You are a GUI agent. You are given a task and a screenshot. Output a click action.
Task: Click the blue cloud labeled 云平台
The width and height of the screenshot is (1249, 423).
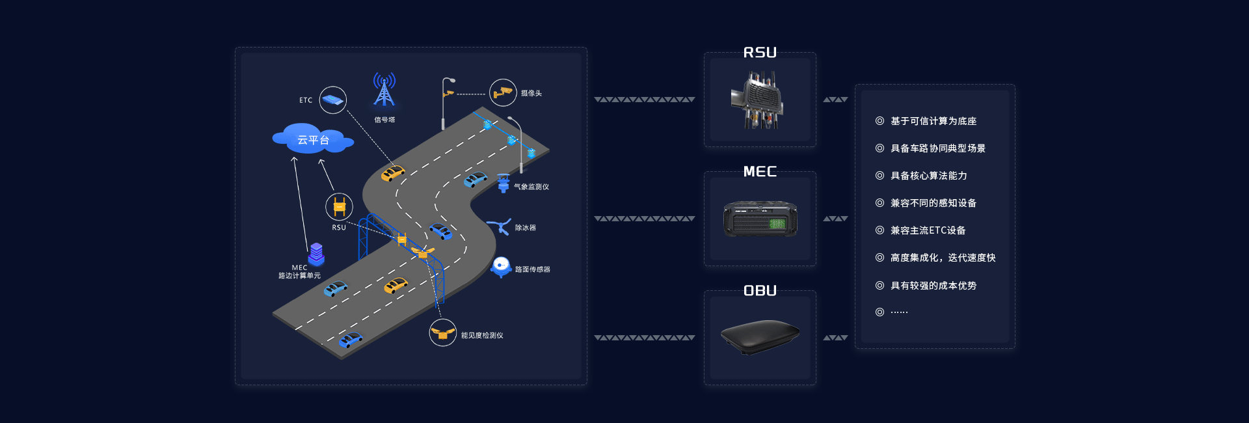pyautogui.click(x=313, y=139)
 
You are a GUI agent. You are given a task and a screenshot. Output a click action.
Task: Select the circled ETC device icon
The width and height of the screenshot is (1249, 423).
pyautogui.click(x=332, y=100)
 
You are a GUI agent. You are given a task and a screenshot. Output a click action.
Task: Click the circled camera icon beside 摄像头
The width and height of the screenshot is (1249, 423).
pyautogui.click(x=502, y=93)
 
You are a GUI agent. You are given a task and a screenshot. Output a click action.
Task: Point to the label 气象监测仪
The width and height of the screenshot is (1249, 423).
pyautogui.click(x=531, y=187)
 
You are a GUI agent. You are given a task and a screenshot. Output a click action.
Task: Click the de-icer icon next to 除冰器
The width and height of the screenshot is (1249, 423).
pyautogui.click(x=499, y=226)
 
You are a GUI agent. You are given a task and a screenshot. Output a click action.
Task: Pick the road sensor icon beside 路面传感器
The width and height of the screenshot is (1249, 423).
pyautogui.click(x=501, y=266)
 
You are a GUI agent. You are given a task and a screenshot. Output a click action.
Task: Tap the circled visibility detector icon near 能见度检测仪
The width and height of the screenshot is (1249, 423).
pyautogui.click(x=442, y=333)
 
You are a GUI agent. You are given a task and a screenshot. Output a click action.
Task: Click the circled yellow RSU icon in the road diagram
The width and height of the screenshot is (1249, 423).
pyautogui.click(x=339, y=207)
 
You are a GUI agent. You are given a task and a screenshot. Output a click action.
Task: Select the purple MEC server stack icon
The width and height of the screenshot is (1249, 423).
pyautogui.click(x=316, y=254)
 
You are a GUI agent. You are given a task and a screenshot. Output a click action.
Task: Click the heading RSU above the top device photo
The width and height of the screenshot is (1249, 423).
pyautogui.click(x=760, y=53)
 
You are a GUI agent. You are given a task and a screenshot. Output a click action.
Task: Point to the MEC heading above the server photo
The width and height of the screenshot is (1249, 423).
pyautogui.click(x=760, y=172)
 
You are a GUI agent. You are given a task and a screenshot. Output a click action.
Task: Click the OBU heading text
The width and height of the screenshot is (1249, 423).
pyautogui.click(x=760, y=291)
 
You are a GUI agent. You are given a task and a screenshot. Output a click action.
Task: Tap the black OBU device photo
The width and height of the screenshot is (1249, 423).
pyautogui.click(x=760, y=336)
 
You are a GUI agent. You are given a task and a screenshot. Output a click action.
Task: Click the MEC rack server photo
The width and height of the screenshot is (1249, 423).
pyautogui.click(x=760, y=219)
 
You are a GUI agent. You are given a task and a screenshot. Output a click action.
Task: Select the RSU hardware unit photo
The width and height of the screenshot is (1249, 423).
pyautogui.click(x=758, y=100)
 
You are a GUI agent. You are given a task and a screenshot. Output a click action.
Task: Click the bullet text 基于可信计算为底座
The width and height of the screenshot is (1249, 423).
pyautogui.click(x=933, y=121)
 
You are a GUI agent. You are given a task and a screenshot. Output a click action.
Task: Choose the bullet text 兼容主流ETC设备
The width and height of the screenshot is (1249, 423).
pyautogui.click(x=928, y=230)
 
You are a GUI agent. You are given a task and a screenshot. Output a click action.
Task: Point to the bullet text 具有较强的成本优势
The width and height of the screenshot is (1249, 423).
pyautogui.click(x=933, y=286)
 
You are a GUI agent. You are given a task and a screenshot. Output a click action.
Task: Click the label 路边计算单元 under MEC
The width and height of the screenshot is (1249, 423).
pyautogui.click(x=299, y=276)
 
